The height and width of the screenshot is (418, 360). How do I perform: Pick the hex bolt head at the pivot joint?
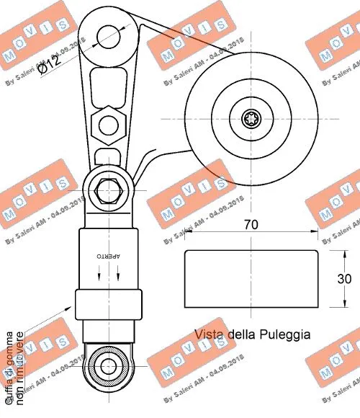tap(108, 192)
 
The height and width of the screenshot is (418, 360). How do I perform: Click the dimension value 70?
tap(251, 224)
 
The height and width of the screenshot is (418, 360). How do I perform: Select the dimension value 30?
tap(344, 279)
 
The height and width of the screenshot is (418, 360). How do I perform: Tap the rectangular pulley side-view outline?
tap(251, 279)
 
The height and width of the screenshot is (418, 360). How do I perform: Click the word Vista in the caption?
tap(209, 334)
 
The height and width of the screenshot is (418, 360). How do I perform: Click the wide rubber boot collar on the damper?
tap(107, 305)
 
